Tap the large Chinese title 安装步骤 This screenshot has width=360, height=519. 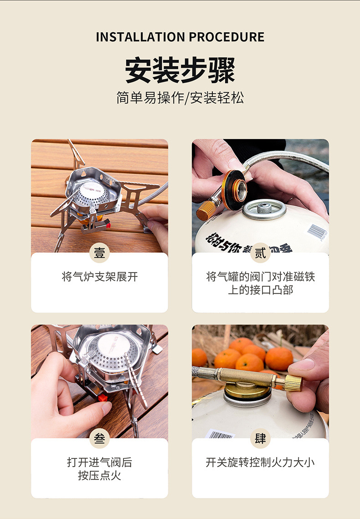pos(180,70)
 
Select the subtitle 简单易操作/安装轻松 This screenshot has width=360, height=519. pos(180,98)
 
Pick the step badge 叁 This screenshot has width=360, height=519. pos(99,438)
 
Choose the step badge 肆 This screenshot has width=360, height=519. pos(260,438)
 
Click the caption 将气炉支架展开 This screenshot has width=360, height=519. pos(99,277)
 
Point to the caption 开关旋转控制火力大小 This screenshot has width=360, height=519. pos(260,462)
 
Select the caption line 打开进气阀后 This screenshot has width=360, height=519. pos(99,462)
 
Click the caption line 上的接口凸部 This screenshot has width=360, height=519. pos(260,290)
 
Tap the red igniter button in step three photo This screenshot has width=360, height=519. pos(103,398)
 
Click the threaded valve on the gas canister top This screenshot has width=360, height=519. pos(264,209)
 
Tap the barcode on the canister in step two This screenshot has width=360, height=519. pos(317,231)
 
